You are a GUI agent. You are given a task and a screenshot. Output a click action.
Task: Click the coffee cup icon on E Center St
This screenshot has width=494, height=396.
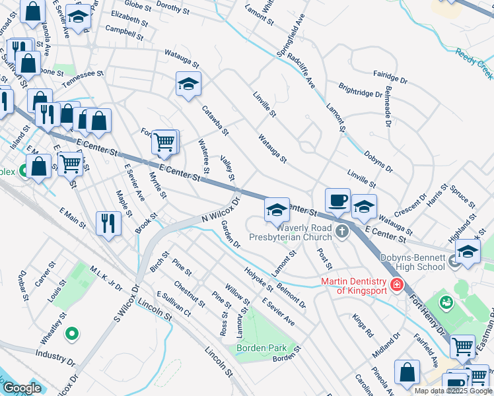point(337,199)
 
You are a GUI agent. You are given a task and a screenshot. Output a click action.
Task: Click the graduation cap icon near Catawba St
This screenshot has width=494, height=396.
point(188,84)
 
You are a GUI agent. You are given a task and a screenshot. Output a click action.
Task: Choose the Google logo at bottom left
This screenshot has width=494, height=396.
point(22,388)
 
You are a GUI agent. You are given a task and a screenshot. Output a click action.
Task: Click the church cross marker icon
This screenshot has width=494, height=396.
point(341,231)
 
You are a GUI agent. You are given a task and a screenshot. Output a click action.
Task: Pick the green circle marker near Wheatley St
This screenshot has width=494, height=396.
point(73,335)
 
